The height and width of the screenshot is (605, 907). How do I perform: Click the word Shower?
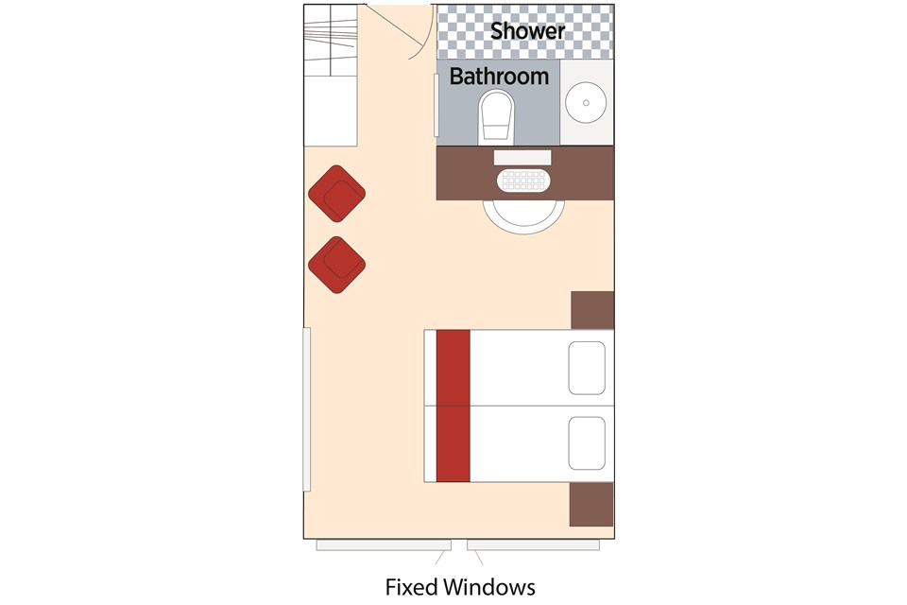coord(527,30)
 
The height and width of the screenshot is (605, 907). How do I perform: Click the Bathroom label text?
coord(499,77)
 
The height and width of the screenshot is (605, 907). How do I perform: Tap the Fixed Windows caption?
coord(460,587)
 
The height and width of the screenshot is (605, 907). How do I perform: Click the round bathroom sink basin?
coord(586,102)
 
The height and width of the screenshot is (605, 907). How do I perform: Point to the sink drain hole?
coord(586,102)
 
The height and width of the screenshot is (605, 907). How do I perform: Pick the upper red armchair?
coord(336,194)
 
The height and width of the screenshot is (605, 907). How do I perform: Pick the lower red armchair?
coord(336,265)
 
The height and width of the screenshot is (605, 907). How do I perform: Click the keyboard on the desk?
coord(523,181)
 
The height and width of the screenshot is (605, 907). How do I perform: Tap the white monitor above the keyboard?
coord(522,158)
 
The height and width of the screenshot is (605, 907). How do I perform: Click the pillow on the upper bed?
coord(587,369)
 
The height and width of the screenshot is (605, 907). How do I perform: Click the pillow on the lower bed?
coord(587,443)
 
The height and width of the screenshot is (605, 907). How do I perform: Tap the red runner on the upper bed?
coord(453,368)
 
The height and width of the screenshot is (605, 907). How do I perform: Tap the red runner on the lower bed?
coord(453,444)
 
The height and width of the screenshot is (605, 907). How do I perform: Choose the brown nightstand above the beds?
coord(592,310)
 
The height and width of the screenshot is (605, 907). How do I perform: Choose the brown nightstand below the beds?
coord(591,504)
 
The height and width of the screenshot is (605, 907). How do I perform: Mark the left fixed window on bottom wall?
coord(384,545)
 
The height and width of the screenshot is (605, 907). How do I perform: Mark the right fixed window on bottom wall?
coord(533,545)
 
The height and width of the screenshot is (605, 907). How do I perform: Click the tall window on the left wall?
coord(306,409)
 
